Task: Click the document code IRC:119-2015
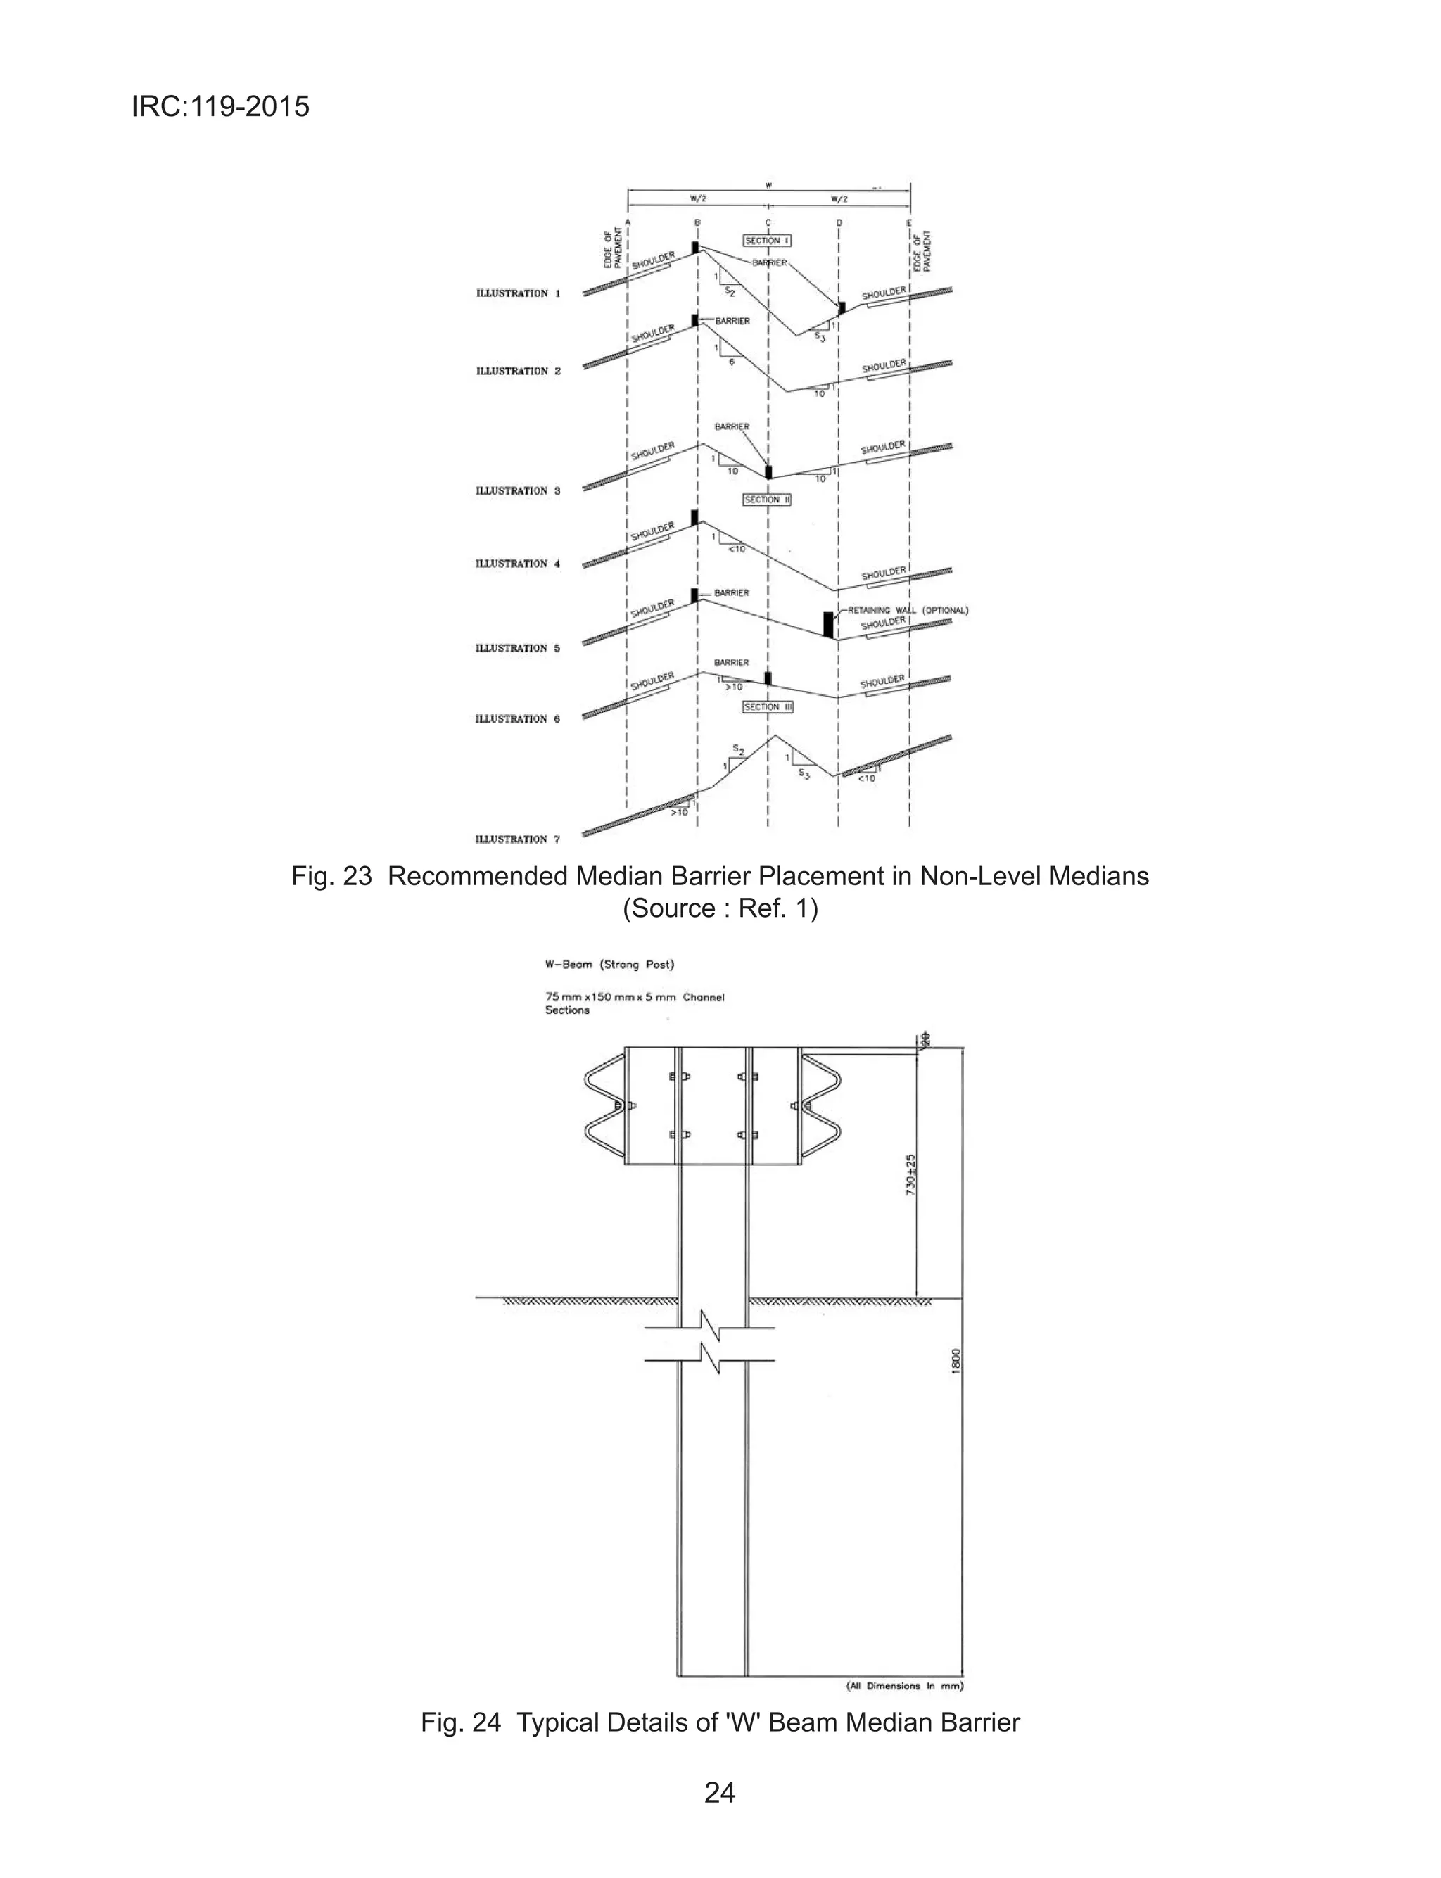pos(220,107)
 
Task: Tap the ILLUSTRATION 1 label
pos(518,293)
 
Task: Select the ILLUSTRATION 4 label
pos(518,564)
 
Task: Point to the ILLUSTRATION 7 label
pos(518,839)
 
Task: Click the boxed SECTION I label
pos(767,241)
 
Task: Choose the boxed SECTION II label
pos(767,499)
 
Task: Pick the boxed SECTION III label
pos(768,706)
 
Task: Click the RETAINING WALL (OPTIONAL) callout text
pos(908,611)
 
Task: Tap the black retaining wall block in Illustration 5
pos(827,624)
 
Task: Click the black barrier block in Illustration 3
pos(768,471)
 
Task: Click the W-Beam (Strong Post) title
pos(610,965)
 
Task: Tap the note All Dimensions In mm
pos(905,1685)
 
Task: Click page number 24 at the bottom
pos(720,1792)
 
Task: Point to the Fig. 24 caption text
pos(720,1722)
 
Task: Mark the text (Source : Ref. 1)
pos(720,908)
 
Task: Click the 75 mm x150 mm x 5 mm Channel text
pos(635,997)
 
